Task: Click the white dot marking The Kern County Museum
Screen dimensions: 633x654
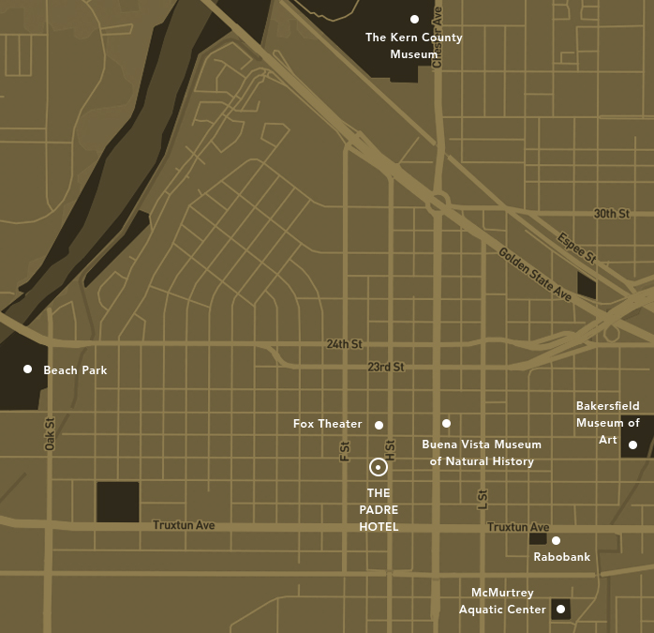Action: [x=414, y=19]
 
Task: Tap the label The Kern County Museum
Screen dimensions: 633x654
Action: [x=414, y=46]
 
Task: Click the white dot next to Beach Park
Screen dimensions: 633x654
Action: [x=27, y=369]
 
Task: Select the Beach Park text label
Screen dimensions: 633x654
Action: [x=75, y=370]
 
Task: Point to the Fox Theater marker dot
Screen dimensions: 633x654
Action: [x=379, y=425]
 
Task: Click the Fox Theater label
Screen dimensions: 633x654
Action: [x=327, y=424]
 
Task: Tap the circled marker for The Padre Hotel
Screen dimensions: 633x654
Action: [x=378, y=467]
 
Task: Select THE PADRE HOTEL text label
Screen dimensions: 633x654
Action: [x=379, y=510]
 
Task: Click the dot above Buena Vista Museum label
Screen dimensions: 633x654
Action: [x=446, y=424]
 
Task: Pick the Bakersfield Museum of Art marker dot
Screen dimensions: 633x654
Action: [x=632, y=445]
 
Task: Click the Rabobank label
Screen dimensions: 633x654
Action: [x=561, y=557]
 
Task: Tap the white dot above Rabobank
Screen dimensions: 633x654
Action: [x=556, y=540]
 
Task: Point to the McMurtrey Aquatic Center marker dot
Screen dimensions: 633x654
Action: [x=560, y=610]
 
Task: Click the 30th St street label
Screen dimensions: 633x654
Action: [x=611, y=214]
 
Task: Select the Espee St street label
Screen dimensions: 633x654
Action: [x=576, y=247]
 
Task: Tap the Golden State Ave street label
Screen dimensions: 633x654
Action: [x=534, y=274]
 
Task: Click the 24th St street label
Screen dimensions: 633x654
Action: [x=344, y=344]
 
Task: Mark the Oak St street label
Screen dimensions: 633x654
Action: [x=50, y=433]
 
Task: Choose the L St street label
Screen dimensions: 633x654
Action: [x=483, y=500]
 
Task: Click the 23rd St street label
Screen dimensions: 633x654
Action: [x=385, y=367]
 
